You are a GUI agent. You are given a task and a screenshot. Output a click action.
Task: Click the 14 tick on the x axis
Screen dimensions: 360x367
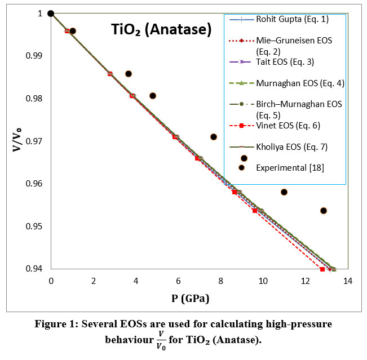pyautogui.click(x=347, y=281)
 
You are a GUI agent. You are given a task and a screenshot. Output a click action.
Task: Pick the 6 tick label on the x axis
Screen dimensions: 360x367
pyautogui.click(x=178, y=281)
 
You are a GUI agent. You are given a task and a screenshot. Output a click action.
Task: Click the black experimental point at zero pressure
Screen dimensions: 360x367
pyautogui.click(x=51, y=14)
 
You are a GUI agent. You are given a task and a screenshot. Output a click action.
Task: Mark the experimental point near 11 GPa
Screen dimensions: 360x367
pyautogui.click(x=284, y=192)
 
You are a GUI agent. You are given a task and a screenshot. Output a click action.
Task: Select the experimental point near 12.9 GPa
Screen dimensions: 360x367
pyautogui.click(x=324, y=211)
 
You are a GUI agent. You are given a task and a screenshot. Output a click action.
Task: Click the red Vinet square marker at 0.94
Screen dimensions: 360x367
pyautogui.click(x=322, y=269)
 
